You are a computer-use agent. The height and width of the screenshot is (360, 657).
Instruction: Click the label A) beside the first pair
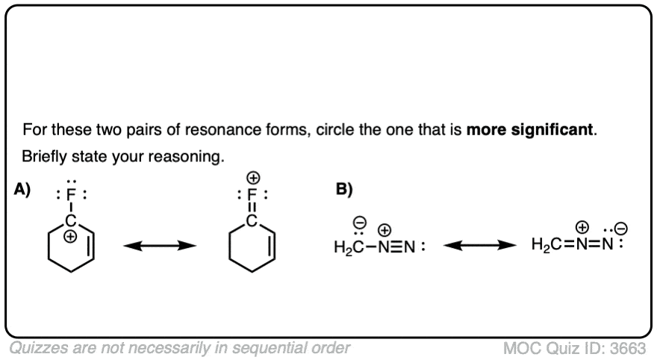tap(22, 190)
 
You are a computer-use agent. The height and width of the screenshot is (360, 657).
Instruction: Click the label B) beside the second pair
tap(343, 190)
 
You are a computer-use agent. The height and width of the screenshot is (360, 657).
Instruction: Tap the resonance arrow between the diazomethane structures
tap(476, 245)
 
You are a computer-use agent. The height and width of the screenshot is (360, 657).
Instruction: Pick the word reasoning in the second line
tap(189, 160)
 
